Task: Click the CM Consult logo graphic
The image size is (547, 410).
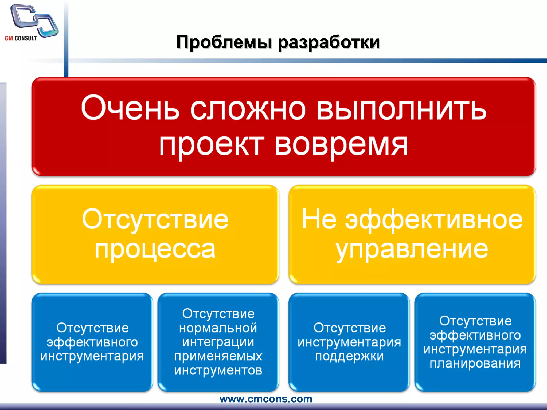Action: [x=34, y=20]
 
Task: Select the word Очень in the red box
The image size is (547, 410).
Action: [x=130, y=108]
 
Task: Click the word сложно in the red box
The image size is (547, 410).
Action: [x=248, y=109]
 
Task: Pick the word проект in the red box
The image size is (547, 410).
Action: [x=212, y=145]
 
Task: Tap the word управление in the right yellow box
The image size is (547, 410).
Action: [x=412, y=250]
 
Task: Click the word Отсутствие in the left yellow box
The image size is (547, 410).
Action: [x=155, y=220]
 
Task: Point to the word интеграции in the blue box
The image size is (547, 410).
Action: [x=218, y=342]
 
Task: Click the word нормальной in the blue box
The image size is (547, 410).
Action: [x=218, y=328]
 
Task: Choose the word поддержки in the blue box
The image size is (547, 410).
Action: [x=349, y=357]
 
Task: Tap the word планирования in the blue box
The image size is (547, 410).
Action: [x=475, y=364]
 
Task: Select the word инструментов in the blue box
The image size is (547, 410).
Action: [x=218, y=371]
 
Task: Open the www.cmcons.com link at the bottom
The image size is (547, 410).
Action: [x=266, y=399]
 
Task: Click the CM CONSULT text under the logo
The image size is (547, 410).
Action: [x=21, y=38]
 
